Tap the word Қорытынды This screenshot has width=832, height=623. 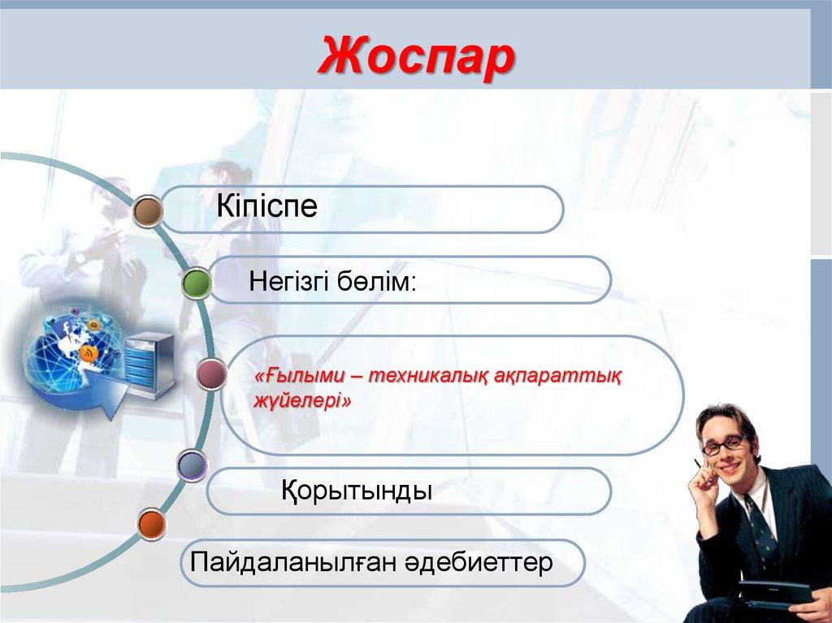tap(356, 491)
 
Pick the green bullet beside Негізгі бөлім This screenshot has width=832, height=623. tap(197, 283)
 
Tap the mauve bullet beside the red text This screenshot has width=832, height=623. tap(211, 374)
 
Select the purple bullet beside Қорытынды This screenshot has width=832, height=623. tap(192, 465)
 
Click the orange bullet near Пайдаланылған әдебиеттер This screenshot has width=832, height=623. tap(151, 524)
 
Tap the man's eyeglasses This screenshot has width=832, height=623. tap(724, 444)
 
